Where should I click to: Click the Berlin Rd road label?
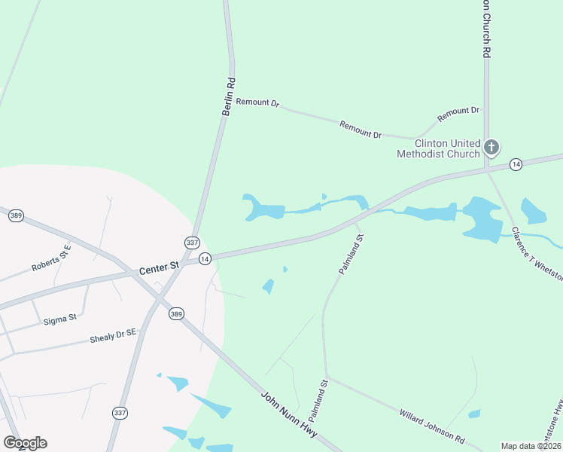pos(229,96)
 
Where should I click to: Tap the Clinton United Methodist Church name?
pos(438,148)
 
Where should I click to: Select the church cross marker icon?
pos(491,147)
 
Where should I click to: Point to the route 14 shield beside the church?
pos(516,164)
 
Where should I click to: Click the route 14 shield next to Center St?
pos(204,258)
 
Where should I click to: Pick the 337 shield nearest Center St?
pos(192,243)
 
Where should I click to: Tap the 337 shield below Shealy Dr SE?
pos(119,413)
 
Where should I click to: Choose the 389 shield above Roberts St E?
pos(16,216)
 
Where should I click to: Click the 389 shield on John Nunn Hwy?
pos(176,313)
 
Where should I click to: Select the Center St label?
pos(159,267)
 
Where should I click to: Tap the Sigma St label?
pos(61,319)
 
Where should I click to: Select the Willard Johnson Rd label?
pos(432,426)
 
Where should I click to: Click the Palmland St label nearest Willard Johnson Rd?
pos(320,399)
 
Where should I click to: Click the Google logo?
pos(25,443)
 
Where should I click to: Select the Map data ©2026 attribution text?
pos(531,446)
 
